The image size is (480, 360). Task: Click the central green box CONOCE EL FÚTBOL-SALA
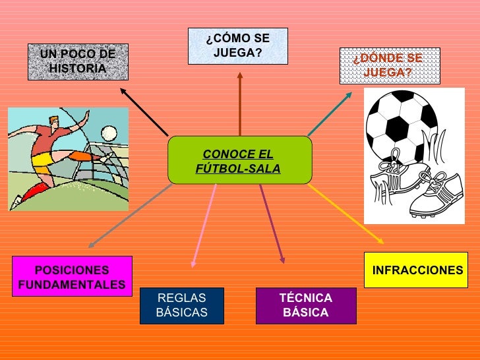pos(238,160)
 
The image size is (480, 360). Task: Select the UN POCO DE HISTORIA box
pos(78,61)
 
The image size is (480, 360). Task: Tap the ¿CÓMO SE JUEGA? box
pos(238,45)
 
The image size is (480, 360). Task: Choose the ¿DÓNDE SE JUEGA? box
pos(389,65)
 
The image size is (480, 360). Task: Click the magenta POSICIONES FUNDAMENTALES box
pos(72,277)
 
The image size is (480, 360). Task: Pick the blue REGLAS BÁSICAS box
pos(181,305)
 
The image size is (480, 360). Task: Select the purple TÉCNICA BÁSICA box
pos(306,305)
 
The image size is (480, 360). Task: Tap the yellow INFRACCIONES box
pos(416,270)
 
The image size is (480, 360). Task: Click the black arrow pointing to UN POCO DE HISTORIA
pos(144,111)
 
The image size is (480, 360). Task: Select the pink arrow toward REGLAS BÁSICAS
pos(204,224)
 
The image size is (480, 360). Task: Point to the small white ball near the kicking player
pos(109,134)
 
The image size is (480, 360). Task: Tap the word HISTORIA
pos(78,69)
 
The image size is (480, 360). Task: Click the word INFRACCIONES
pos(417,270)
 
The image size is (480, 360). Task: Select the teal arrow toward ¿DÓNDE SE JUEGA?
pos(330,115)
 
